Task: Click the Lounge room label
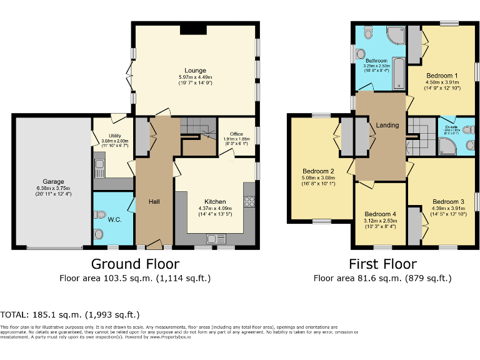tap(195, 71)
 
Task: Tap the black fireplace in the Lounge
tap(188, 29)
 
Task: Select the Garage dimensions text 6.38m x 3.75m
tap(53, 189)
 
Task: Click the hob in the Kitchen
tap(250, 201)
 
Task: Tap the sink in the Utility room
tap(99, 167)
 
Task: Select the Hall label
tap(154, 201)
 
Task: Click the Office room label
tap(236, 134)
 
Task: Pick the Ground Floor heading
tap(135, 264)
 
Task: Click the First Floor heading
tap(382, 264)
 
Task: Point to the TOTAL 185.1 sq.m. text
tap(70, 314)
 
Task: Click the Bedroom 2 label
tap(319, 171)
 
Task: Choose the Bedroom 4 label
tap(380, 213)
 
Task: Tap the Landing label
tap(387, 126)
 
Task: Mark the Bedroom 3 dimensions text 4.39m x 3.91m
tap(447, 209)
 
